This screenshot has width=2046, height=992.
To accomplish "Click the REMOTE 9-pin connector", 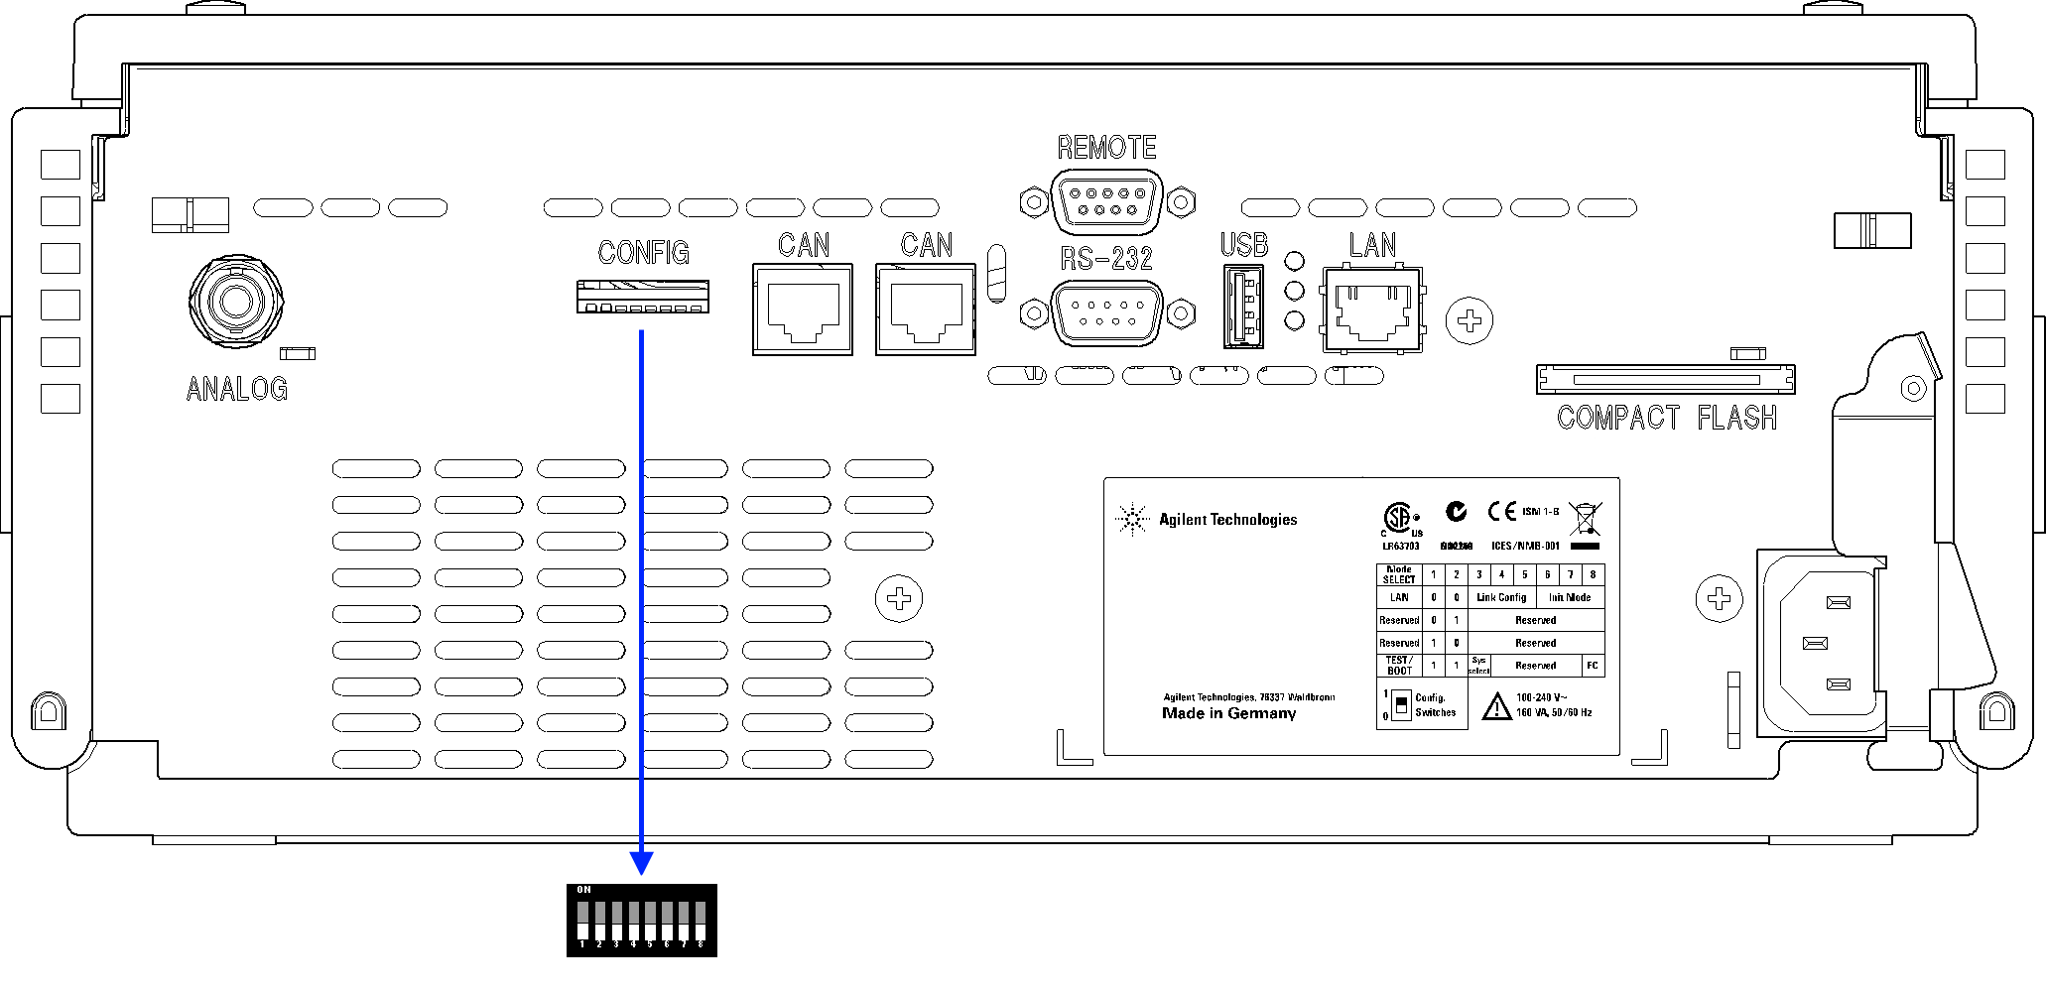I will [1106, 201].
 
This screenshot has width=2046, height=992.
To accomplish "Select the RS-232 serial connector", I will [1106, 313].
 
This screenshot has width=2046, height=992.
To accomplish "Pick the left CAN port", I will [803, 310].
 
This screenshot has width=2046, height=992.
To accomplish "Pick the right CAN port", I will [926, 310].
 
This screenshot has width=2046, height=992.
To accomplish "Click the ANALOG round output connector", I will [236, 302].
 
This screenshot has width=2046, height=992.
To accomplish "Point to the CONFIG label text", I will [643, 253].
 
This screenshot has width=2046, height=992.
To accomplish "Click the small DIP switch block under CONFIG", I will [643, 297].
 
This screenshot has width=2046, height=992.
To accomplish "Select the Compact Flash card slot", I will [1665, 379].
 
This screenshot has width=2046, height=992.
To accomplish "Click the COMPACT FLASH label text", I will [1666, 418].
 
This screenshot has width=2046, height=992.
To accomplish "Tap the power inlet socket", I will [1822, 643].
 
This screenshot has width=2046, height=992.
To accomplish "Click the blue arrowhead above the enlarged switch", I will [642, 862].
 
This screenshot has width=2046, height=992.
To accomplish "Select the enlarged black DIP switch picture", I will [641, 921].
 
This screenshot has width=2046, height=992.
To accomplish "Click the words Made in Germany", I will [1228, 713].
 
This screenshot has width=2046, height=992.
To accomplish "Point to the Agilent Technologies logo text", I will [1227, 520].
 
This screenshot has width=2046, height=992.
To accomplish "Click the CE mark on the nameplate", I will [1501, 511].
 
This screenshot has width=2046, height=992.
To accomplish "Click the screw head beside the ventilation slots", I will [899, 599].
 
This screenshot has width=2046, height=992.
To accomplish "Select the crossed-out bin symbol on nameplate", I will [1585, 519].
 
